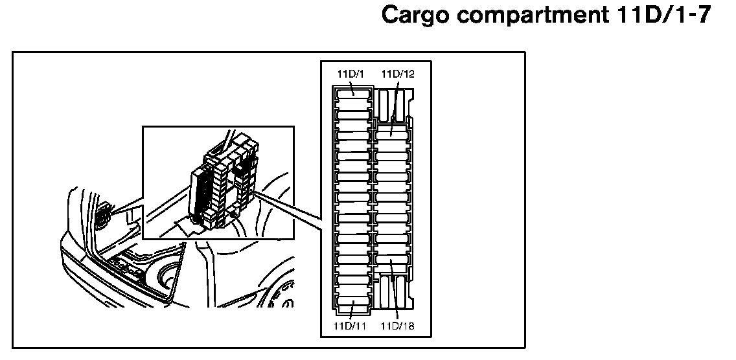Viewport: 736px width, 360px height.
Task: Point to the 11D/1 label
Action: [x=351, y=74]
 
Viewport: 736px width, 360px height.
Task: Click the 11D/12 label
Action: [x=397, y=74]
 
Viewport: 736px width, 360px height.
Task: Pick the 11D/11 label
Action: [x=351, y=326]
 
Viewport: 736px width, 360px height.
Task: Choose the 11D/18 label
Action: [x=397, y=326]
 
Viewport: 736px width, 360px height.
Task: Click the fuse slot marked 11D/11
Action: [x=353, y=305]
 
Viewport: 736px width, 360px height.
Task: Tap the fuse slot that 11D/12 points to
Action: [x=392, y=132]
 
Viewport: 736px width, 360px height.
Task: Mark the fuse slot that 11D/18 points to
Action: [x=392, y=264]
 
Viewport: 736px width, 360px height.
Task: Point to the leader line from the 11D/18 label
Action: [x=395, y=295]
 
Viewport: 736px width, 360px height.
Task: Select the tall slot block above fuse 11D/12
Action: [x=393, y=105]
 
